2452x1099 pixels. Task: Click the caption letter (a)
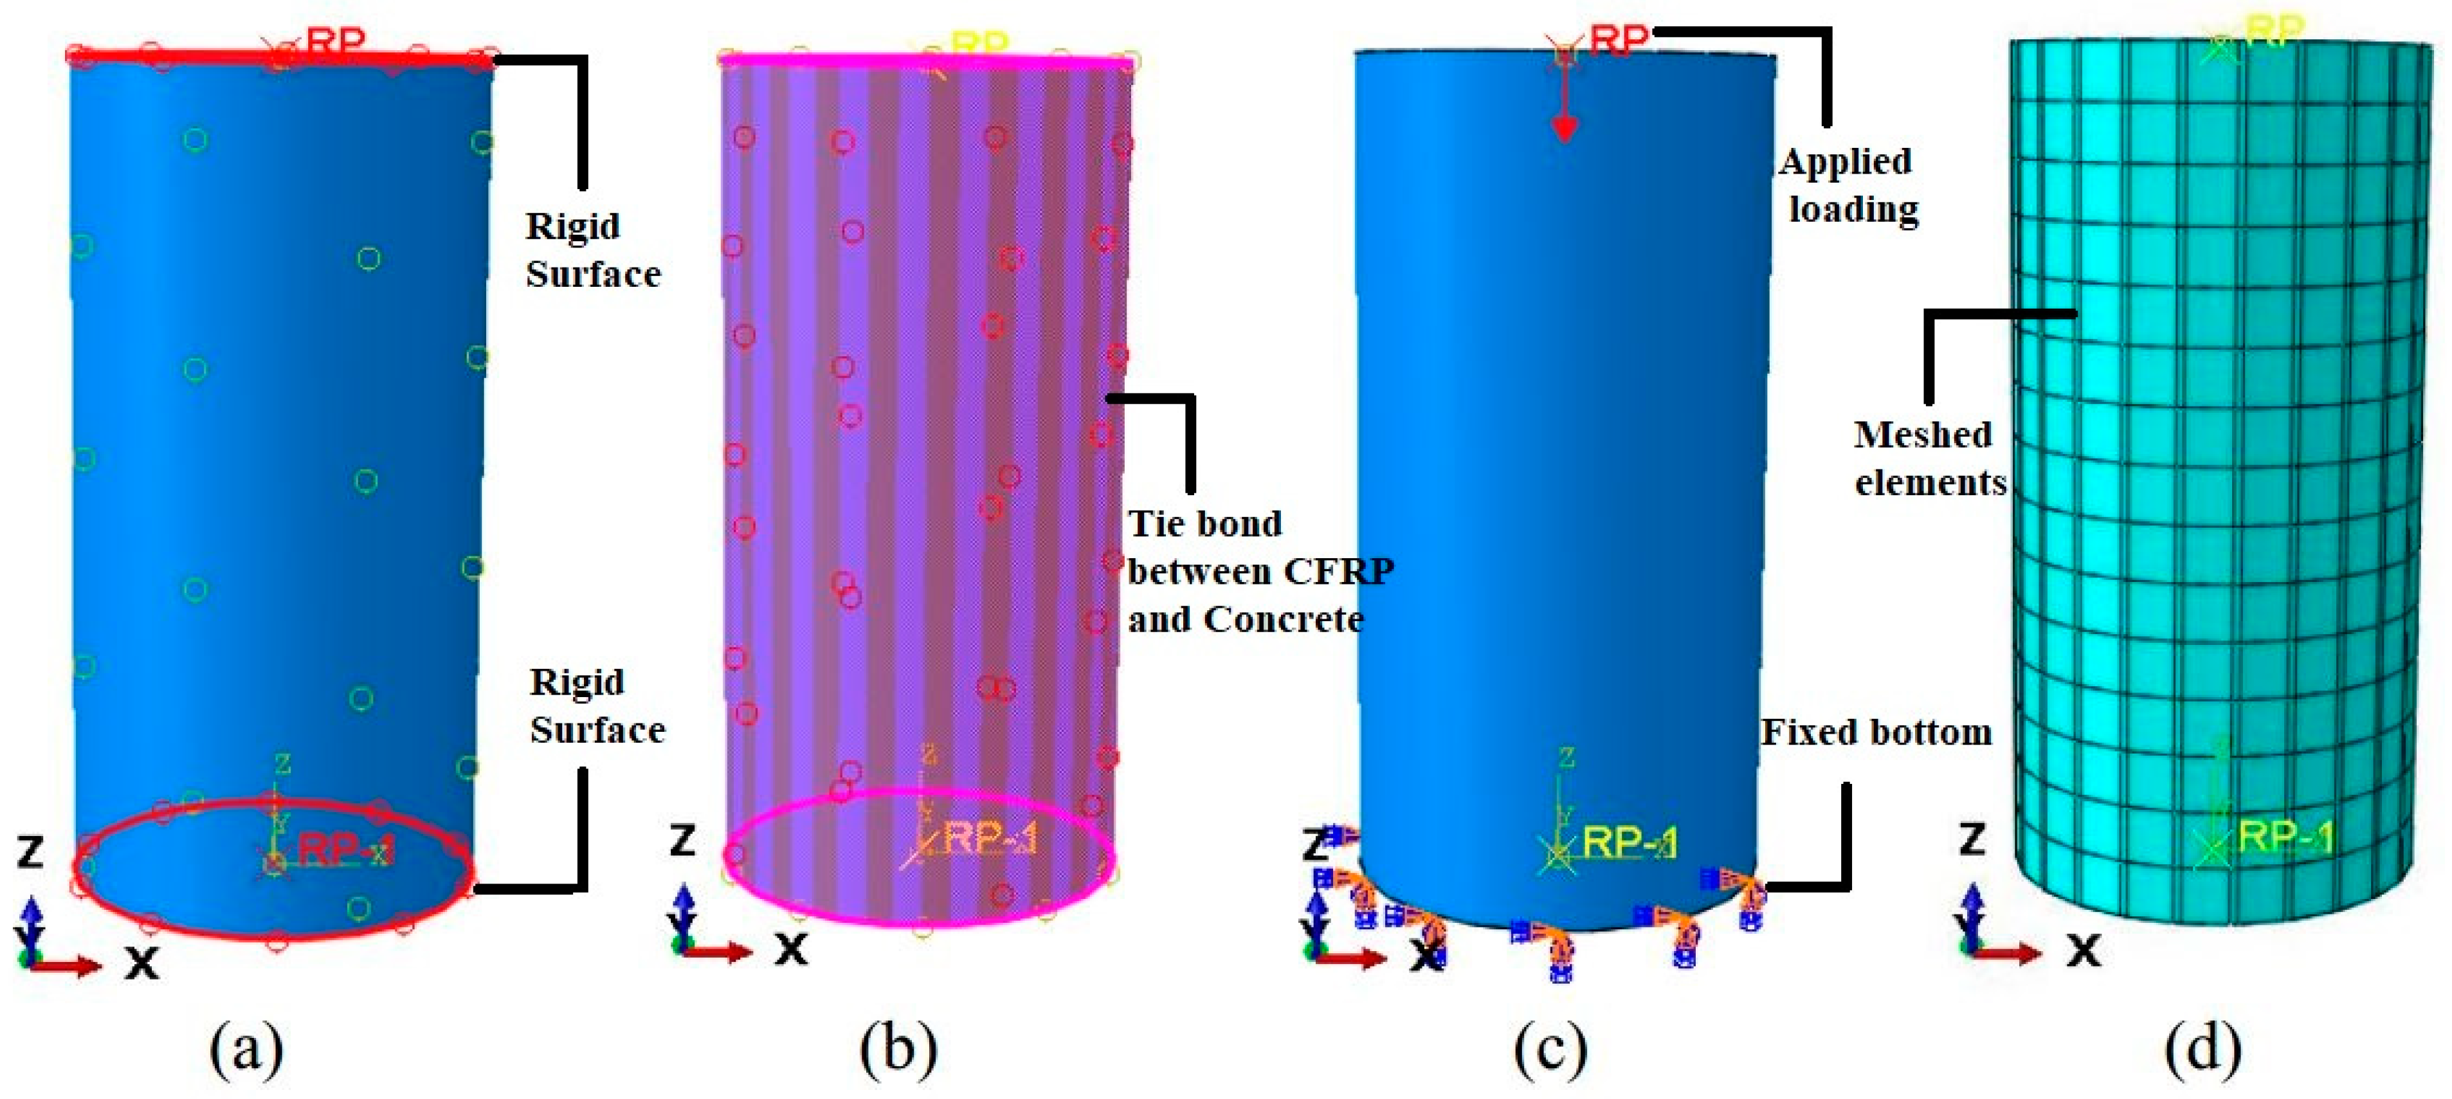246,1049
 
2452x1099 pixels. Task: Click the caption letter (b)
898,1049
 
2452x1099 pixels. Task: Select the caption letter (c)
1550,1049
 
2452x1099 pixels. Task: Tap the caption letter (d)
2202,1049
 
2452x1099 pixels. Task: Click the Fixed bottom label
1876,732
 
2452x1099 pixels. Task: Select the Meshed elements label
1929,459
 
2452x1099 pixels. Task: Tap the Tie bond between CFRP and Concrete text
1258,571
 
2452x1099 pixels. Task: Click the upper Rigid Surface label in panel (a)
592,250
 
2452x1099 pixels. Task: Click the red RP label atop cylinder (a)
335,41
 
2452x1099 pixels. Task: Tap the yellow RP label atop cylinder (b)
981,43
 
